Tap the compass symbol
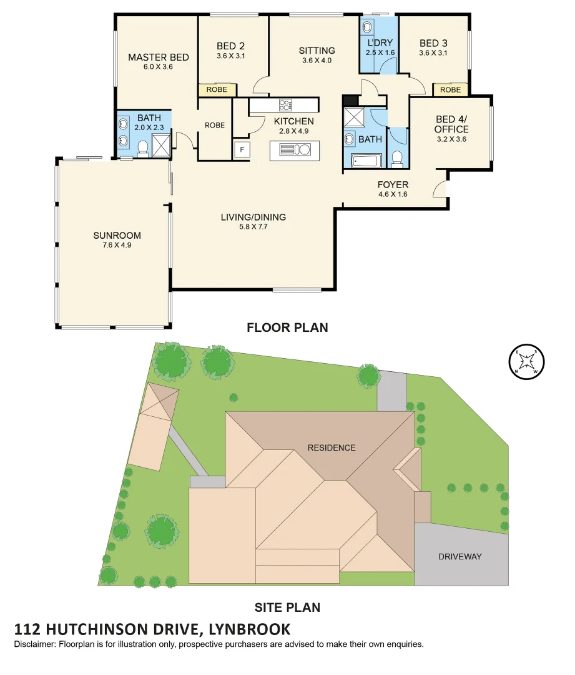527,362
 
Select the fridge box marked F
241,151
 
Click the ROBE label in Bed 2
217,90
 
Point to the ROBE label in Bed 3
450,90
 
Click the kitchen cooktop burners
285,105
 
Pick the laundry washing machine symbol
367,27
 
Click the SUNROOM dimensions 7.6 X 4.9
117,245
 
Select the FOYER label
393,184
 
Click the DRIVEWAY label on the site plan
460,556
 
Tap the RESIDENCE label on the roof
332,447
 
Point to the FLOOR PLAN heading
287,327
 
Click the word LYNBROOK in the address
247,629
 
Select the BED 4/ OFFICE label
451,124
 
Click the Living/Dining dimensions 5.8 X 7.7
253,227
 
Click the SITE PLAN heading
287,607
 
